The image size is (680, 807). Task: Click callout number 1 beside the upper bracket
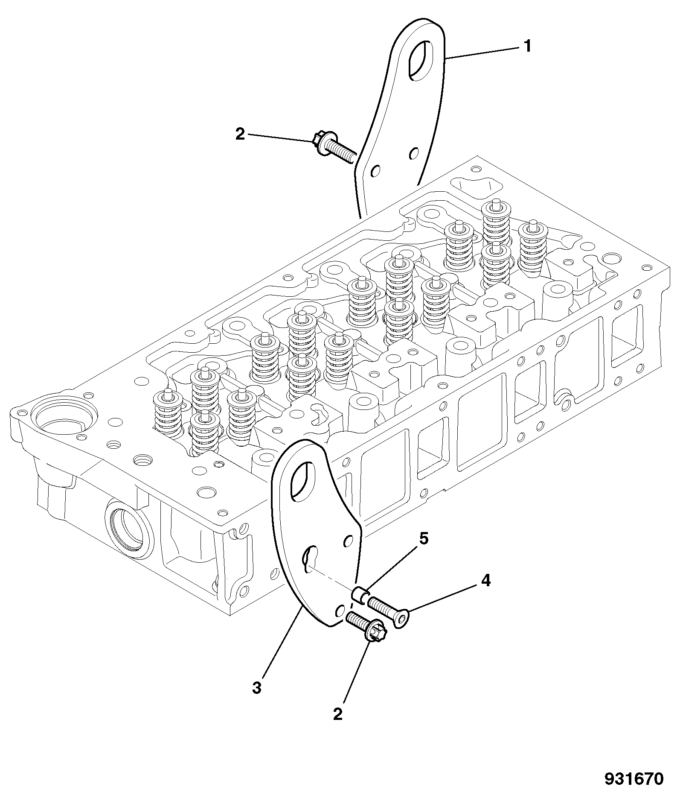tap(527, 46)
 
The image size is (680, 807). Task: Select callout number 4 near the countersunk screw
tap(485, 581)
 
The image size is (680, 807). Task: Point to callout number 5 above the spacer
tap(423, 539)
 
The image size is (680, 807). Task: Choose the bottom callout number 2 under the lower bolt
tap(338, 714)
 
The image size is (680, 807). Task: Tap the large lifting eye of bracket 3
tap(302, 481)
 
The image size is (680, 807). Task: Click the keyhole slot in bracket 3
tap(310, 558)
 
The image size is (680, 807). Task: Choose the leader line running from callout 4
tap(442, 599)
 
